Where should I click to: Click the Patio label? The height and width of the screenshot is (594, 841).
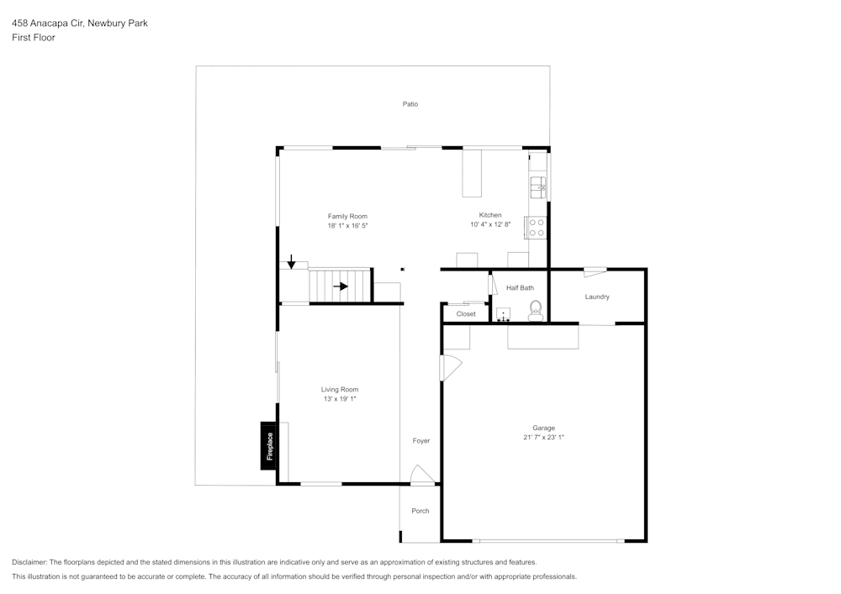[410, 104]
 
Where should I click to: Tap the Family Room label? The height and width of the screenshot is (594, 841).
[347, 216]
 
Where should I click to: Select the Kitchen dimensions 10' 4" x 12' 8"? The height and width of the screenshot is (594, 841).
[490, 225]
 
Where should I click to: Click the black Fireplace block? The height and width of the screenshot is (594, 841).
[269, 445]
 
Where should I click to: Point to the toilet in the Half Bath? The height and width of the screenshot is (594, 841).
[534, 313]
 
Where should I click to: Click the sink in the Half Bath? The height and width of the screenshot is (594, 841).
[503, 314]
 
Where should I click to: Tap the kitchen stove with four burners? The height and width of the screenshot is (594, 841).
[536, 228]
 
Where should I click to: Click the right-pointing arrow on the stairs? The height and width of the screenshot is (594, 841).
[340, 286]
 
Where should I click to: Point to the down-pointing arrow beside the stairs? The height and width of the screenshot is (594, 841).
[291, 262]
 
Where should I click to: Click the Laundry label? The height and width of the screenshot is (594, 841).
[597, 297]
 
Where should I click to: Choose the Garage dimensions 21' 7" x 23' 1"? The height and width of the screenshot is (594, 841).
[543, 438]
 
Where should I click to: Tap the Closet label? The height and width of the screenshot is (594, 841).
[466, 314]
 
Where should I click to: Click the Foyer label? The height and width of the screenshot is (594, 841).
[420, 441]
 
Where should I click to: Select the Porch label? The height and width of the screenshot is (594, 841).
[420, 511]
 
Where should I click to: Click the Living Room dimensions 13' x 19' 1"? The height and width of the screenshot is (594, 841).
[340, 399]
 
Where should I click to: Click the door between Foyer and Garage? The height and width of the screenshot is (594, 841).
[450, 367]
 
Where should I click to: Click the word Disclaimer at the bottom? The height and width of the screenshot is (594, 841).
[29, 562]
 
